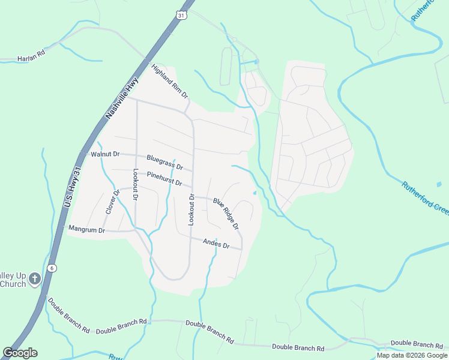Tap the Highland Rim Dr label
pyautogui.click(x=170, y=82)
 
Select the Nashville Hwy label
pyautogui.click(x=122, y=97)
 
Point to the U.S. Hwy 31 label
pyautogui.click(x=71, y=187)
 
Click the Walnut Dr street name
pyautogui.click(x=105, y=154)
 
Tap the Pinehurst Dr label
pyautogui.click(x=164, y=179)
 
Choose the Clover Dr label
pyautogui.click(x=112, y=202)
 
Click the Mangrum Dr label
pyautogui.click(x=86, y=229)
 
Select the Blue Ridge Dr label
pyautogui.click(x=226, y=213)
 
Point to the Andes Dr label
pyautogui.click(x=217, y=243)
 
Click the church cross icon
pyautogui.click(x=35, y=278)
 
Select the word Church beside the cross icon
pyautogui.click(x=13, y=284)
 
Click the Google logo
pyautogui.click(x=20, y=353)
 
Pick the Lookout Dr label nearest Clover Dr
pyautogui.click(x=136, y=184)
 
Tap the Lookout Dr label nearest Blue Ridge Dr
pyautogui.click(x=191, y=209)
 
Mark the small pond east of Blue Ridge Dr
pyautogui.click(x=255, y=193)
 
